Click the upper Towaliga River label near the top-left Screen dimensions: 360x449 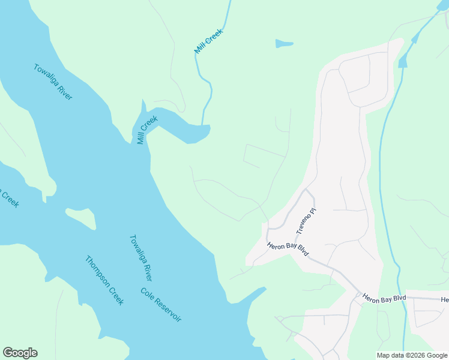(x=53, y=82)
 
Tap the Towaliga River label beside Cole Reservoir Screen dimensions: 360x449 (x=140, y=257)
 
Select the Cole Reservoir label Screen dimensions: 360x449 (x=161, y=305)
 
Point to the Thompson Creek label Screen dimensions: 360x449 (x=104, y=281)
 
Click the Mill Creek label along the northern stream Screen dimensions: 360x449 (x=208, y=41)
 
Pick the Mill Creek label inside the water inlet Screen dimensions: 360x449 (x=147, y=130)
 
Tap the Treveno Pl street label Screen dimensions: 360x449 (x=306, y=221)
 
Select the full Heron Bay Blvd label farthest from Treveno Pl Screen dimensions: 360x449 (x=384, y=298)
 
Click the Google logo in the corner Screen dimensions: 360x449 (x=20, y=353)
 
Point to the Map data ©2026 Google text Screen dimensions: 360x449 (x=412, y=355)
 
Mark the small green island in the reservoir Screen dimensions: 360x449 (x=80, y=218)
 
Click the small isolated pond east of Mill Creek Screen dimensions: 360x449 (x=284, y=43)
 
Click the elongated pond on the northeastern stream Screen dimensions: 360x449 (x=403, y=59)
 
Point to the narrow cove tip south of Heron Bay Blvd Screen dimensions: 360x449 (x=262, y=289)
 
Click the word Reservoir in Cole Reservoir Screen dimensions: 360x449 (x=169, y=312)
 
